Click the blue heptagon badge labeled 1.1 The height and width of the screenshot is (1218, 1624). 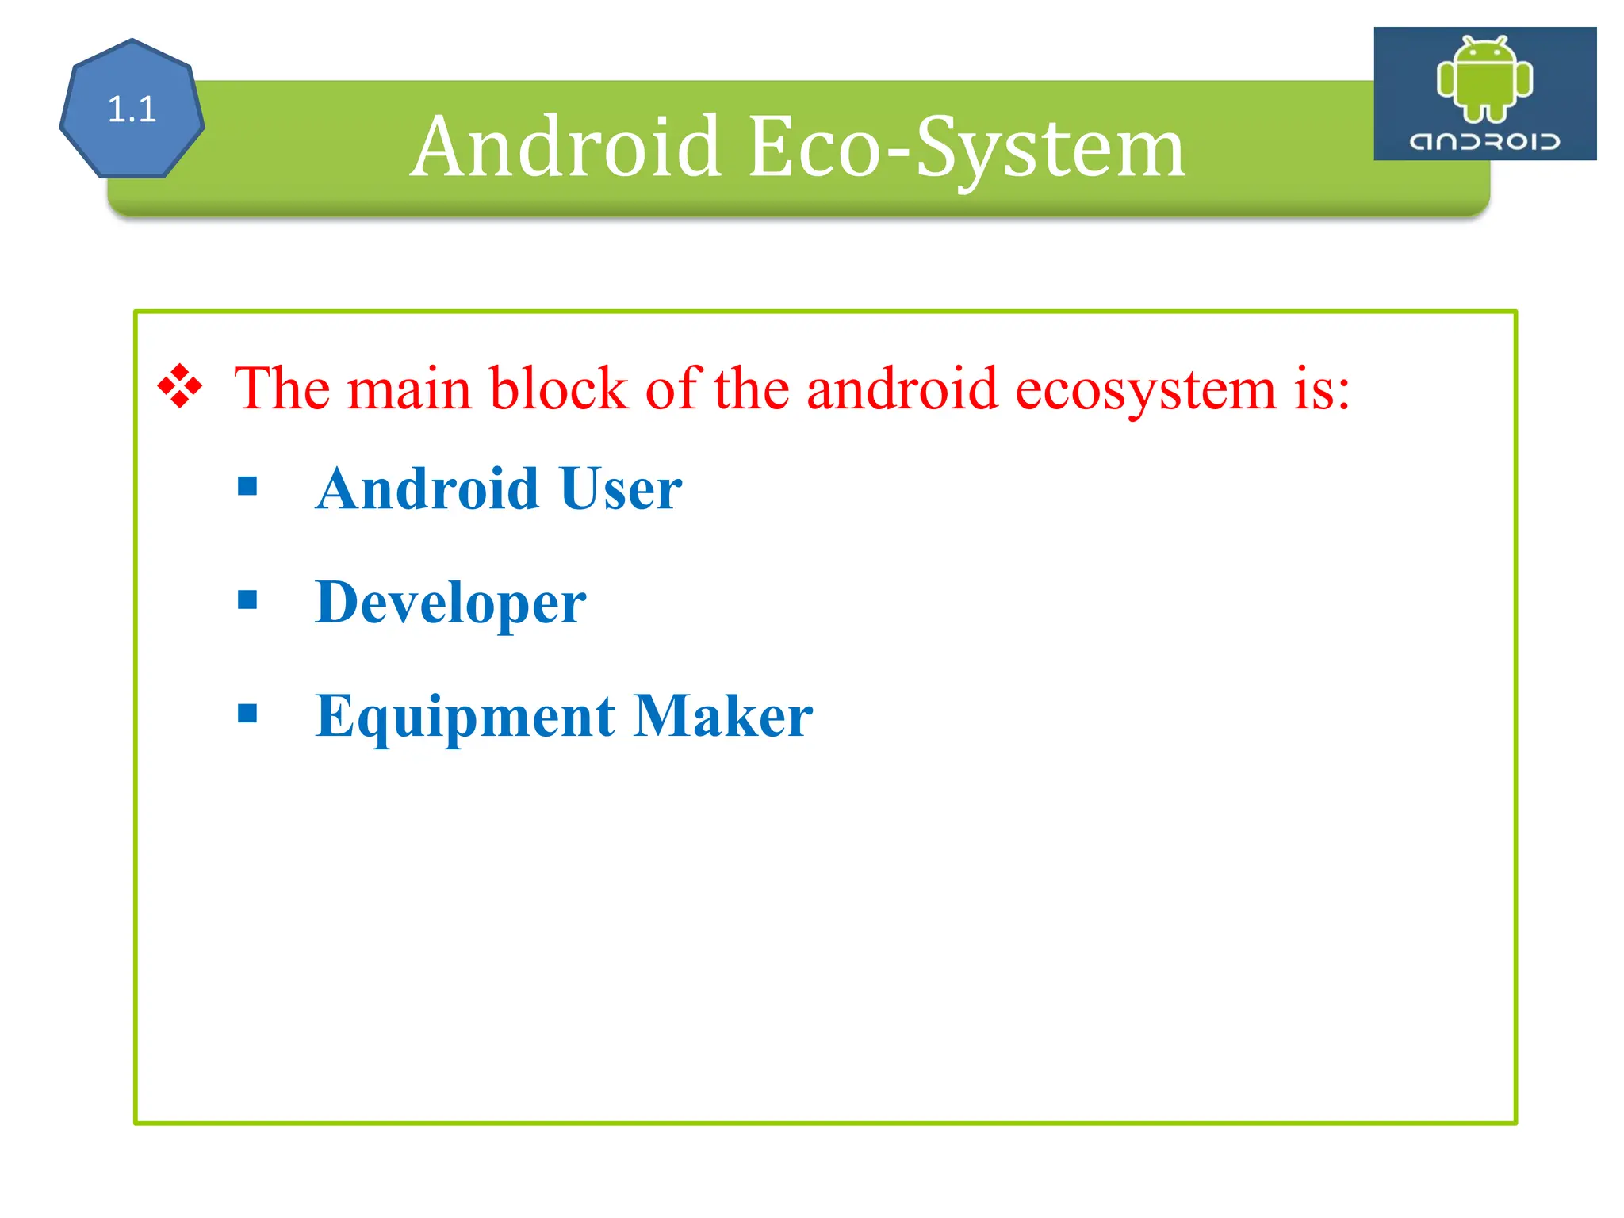tap(132, 109)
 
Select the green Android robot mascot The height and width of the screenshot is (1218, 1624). tap(1484, 79)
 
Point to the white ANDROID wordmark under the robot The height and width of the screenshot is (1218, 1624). tap(1484, 142)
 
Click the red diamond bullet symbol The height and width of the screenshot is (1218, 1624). tap(180, 386)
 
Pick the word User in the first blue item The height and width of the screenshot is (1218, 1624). tap(620, 488)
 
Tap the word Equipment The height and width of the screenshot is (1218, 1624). tap(465, 717)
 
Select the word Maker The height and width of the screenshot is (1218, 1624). tap(723, 716)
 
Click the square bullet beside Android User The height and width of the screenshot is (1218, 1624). tap(247, 485)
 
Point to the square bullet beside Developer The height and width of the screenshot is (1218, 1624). tap(247, 599)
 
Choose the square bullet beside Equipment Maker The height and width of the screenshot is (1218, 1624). tap(247, 714)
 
